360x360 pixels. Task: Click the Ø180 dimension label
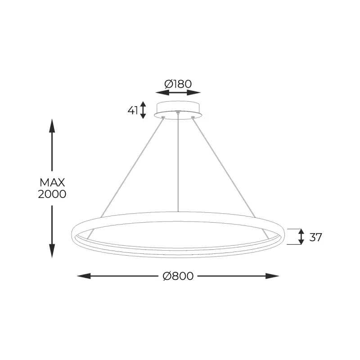tap(178, 84)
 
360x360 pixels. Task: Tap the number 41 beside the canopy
tap(133, 110)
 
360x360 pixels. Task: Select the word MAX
tap(53, 183)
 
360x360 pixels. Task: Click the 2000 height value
tap(53, 194)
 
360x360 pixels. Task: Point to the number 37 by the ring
tap(316, 237)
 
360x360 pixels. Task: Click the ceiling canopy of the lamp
tap(178, 109)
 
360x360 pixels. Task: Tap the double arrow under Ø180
tap(178, 93)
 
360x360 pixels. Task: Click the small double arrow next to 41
tap(143, 110)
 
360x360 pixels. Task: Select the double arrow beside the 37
tap(301, 237)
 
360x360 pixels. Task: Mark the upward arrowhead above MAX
tap(52, 126)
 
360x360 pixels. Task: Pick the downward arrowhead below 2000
tap(52, 251)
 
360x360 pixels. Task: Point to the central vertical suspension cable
tap(179, 162)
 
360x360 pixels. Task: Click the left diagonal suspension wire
tap(130, 166)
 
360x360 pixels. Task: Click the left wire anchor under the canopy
tap(163, 117)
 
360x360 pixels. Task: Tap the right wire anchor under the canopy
tap(193, 117)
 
